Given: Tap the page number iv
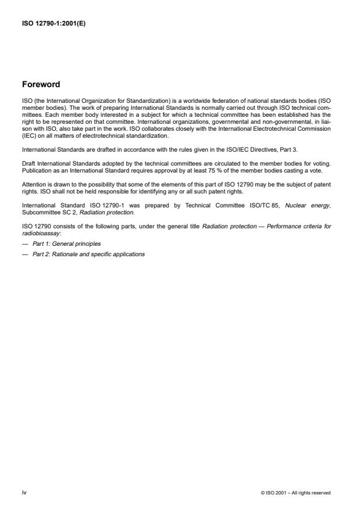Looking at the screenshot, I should [x=24, y=492].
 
